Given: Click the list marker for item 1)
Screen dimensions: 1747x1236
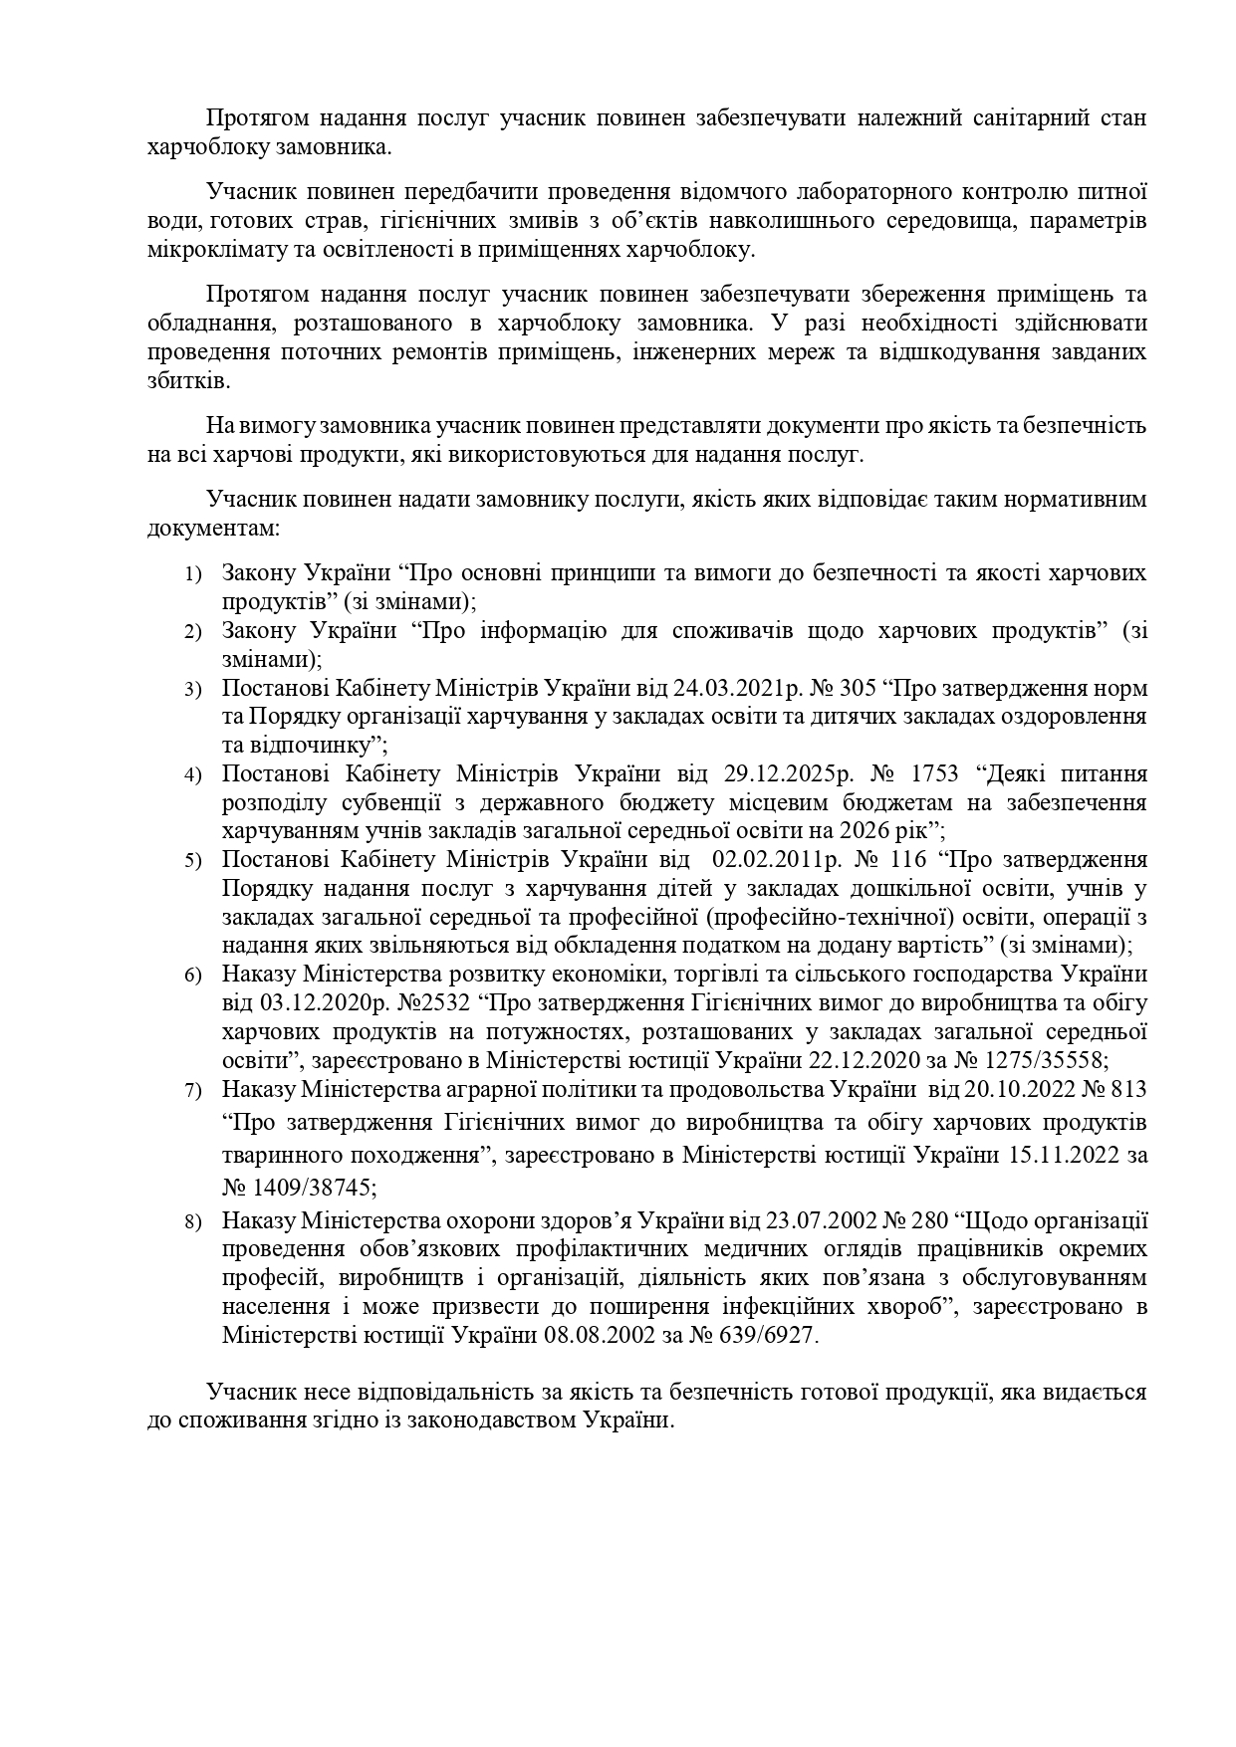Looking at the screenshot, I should [x=193, y=574].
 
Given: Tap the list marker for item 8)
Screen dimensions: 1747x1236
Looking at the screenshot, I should [x=193, y=1221].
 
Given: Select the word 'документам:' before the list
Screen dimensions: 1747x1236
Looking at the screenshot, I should [x=210, y=527].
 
